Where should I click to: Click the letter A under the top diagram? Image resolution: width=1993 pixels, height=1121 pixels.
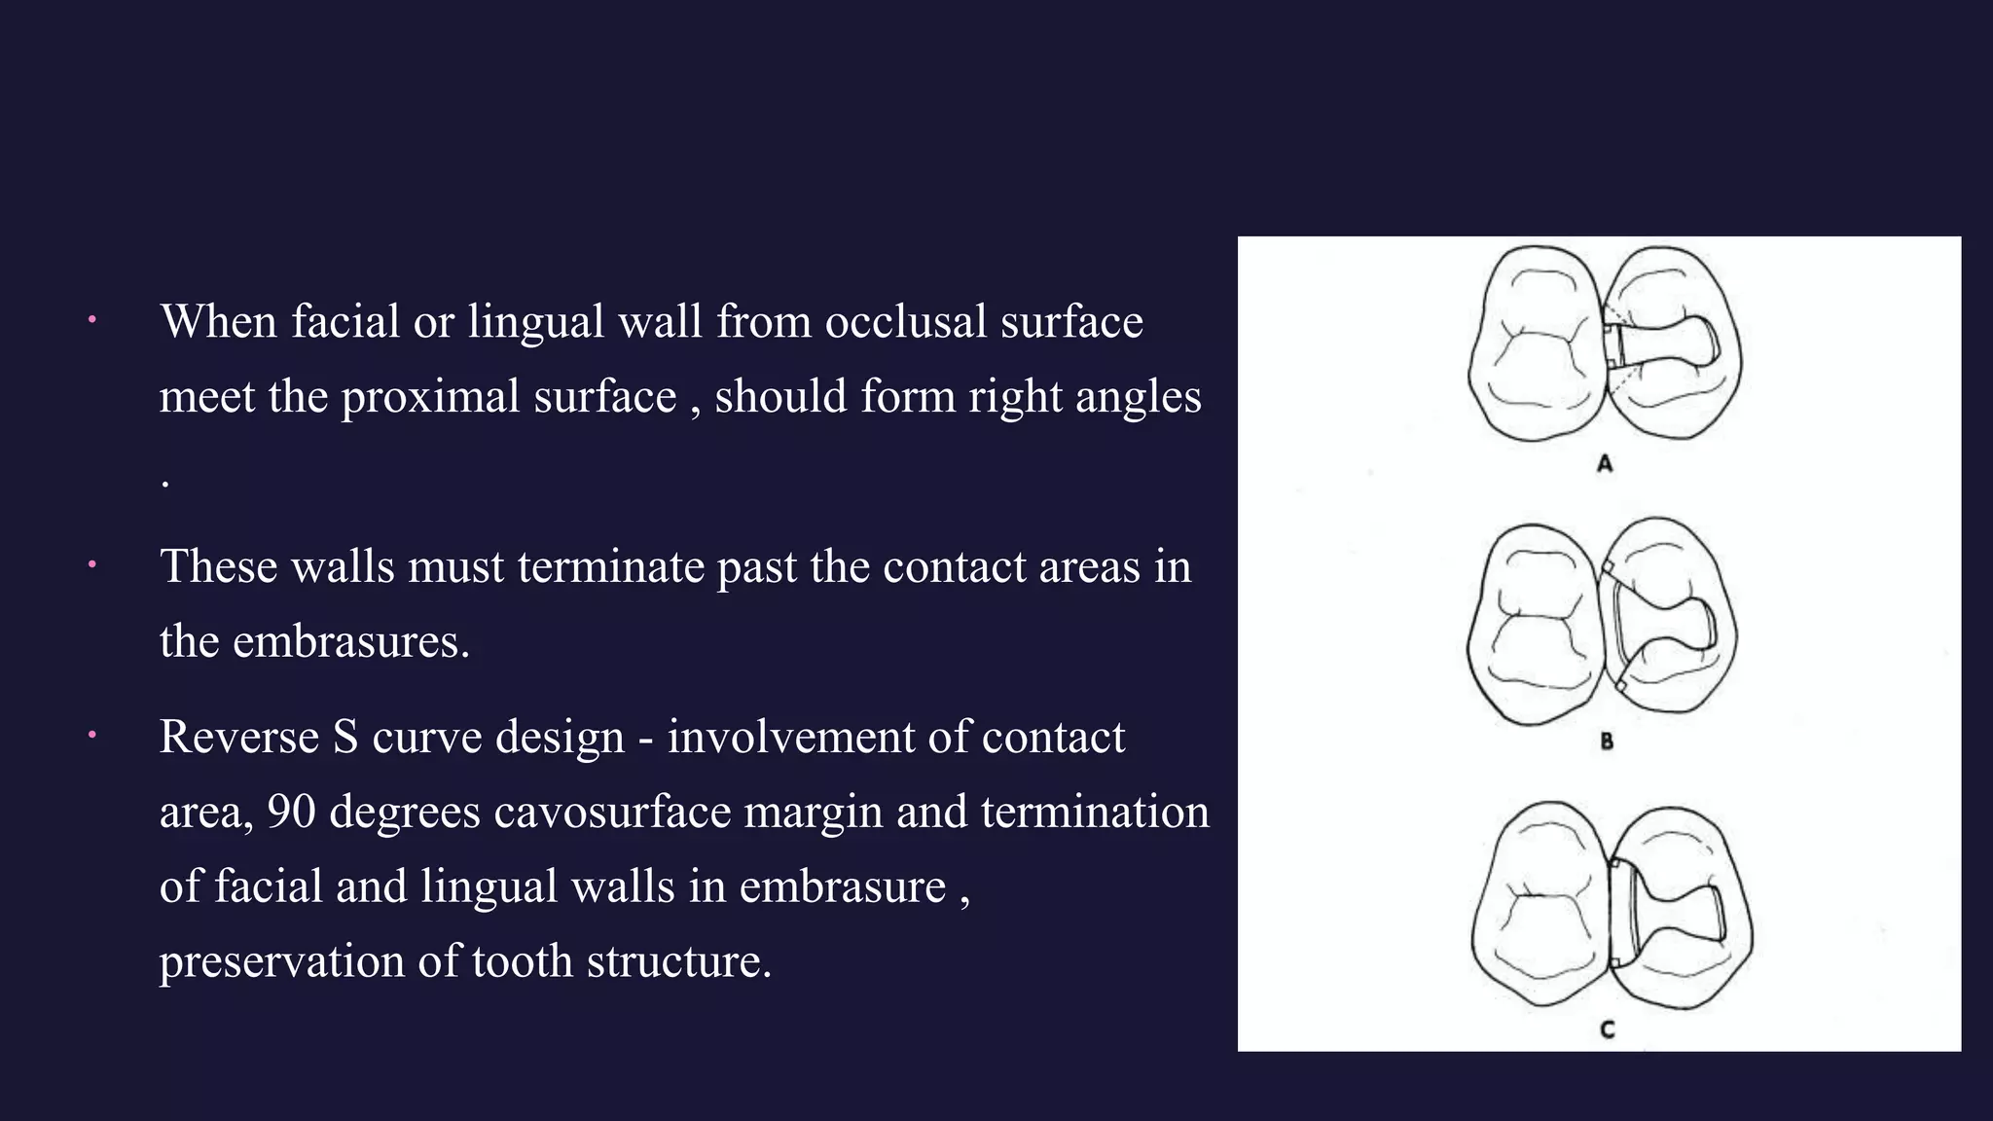(x=1605, y=464)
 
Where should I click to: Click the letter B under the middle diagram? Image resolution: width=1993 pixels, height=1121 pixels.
(x=1607, y=741)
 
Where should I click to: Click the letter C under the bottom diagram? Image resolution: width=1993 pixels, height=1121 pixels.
(x=1607, y=1030)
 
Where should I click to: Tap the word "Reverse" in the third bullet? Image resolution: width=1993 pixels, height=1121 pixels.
(x=239, y=737)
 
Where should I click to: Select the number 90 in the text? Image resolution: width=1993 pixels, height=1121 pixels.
(x=291, y=812)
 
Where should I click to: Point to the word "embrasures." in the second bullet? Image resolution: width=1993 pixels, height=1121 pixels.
(x=351, y=641)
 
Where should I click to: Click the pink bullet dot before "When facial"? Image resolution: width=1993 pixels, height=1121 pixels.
(x=91, y=319)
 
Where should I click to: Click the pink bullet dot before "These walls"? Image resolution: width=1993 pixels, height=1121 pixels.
(x=91, y=564)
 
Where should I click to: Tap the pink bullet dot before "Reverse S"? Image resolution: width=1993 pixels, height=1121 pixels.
(x=91, y=736)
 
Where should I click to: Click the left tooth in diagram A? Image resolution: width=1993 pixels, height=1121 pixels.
(x=1536, y=343)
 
